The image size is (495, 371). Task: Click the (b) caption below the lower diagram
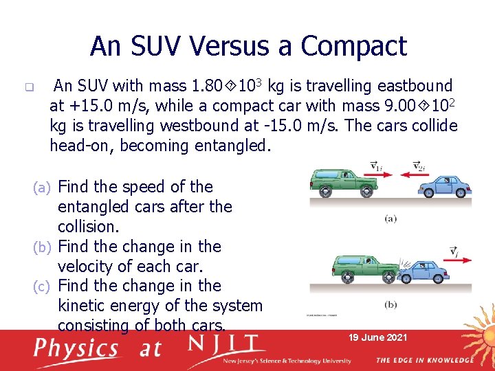pyautogui.click(x=390, y=304)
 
